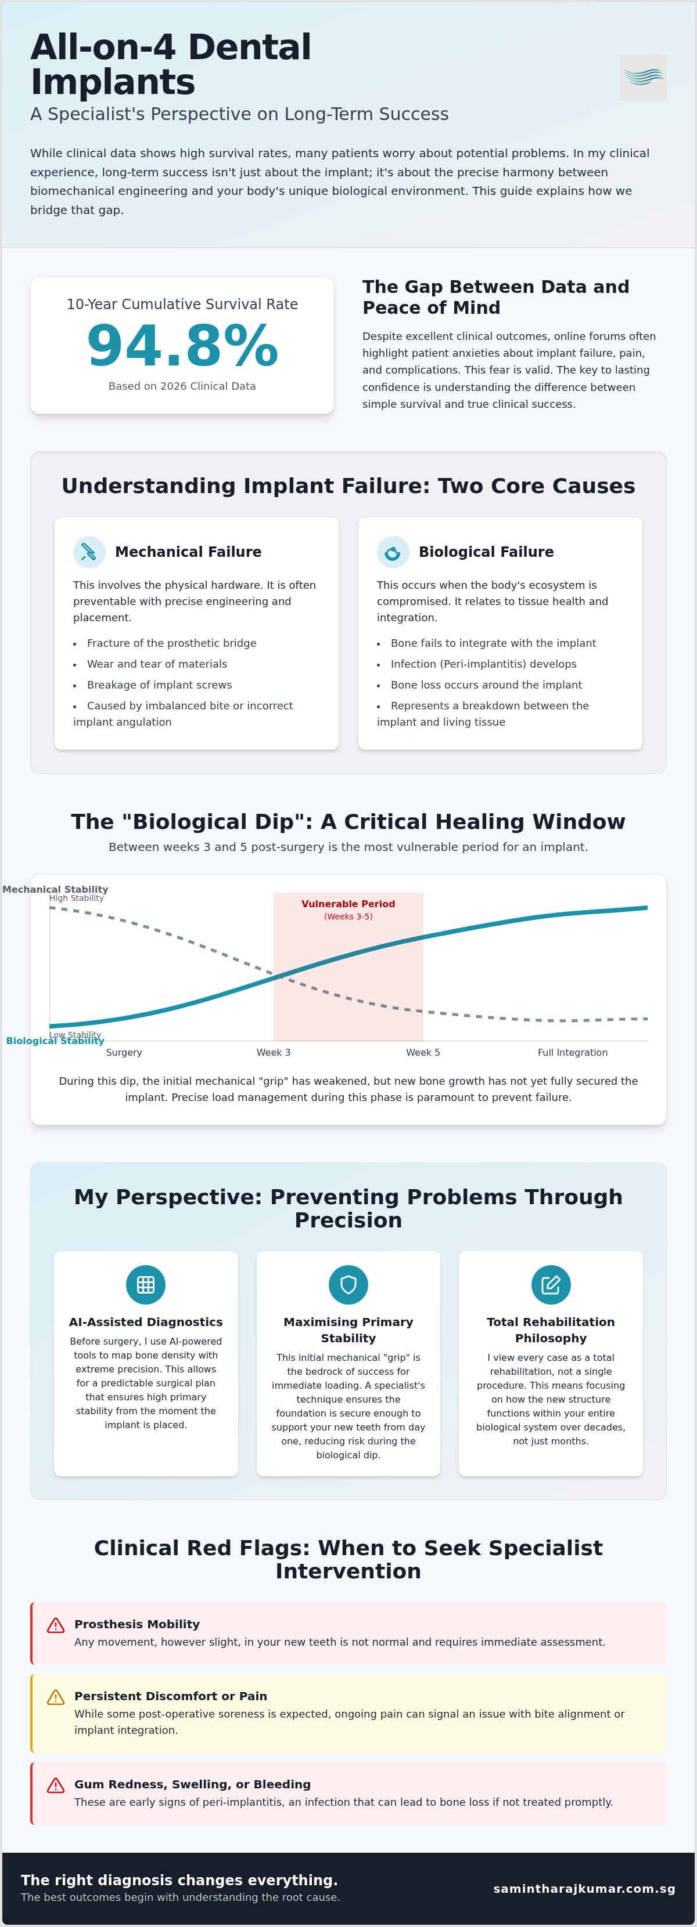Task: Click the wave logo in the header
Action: coord(643,77)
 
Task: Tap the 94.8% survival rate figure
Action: coord(182,346)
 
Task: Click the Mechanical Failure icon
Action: coord(89,552)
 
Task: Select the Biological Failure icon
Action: coord(392,552)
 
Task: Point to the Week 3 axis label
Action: coord(273,1052)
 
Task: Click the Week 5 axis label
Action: coord(423,1052)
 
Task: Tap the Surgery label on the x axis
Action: coord(124,1052)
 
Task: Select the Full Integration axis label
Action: coord(573,1052)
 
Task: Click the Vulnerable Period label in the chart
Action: coord(348,904)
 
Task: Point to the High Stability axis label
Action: coord(76,898)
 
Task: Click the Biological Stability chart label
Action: coord(55,1041)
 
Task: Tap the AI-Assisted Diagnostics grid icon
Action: coord(146,1284)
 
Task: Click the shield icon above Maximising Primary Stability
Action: coord(348,1284)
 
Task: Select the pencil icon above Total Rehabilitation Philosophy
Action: coord(551,1284)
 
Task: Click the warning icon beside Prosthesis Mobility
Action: coord(55,1625)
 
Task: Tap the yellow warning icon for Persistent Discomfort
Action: coord(55,1697)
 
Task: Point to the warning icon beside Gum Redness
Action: coord(55,1785)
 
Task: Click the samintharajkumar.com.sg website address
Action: coord(584,1888)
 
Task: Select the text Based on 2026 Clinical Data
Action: coord(182,386)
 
